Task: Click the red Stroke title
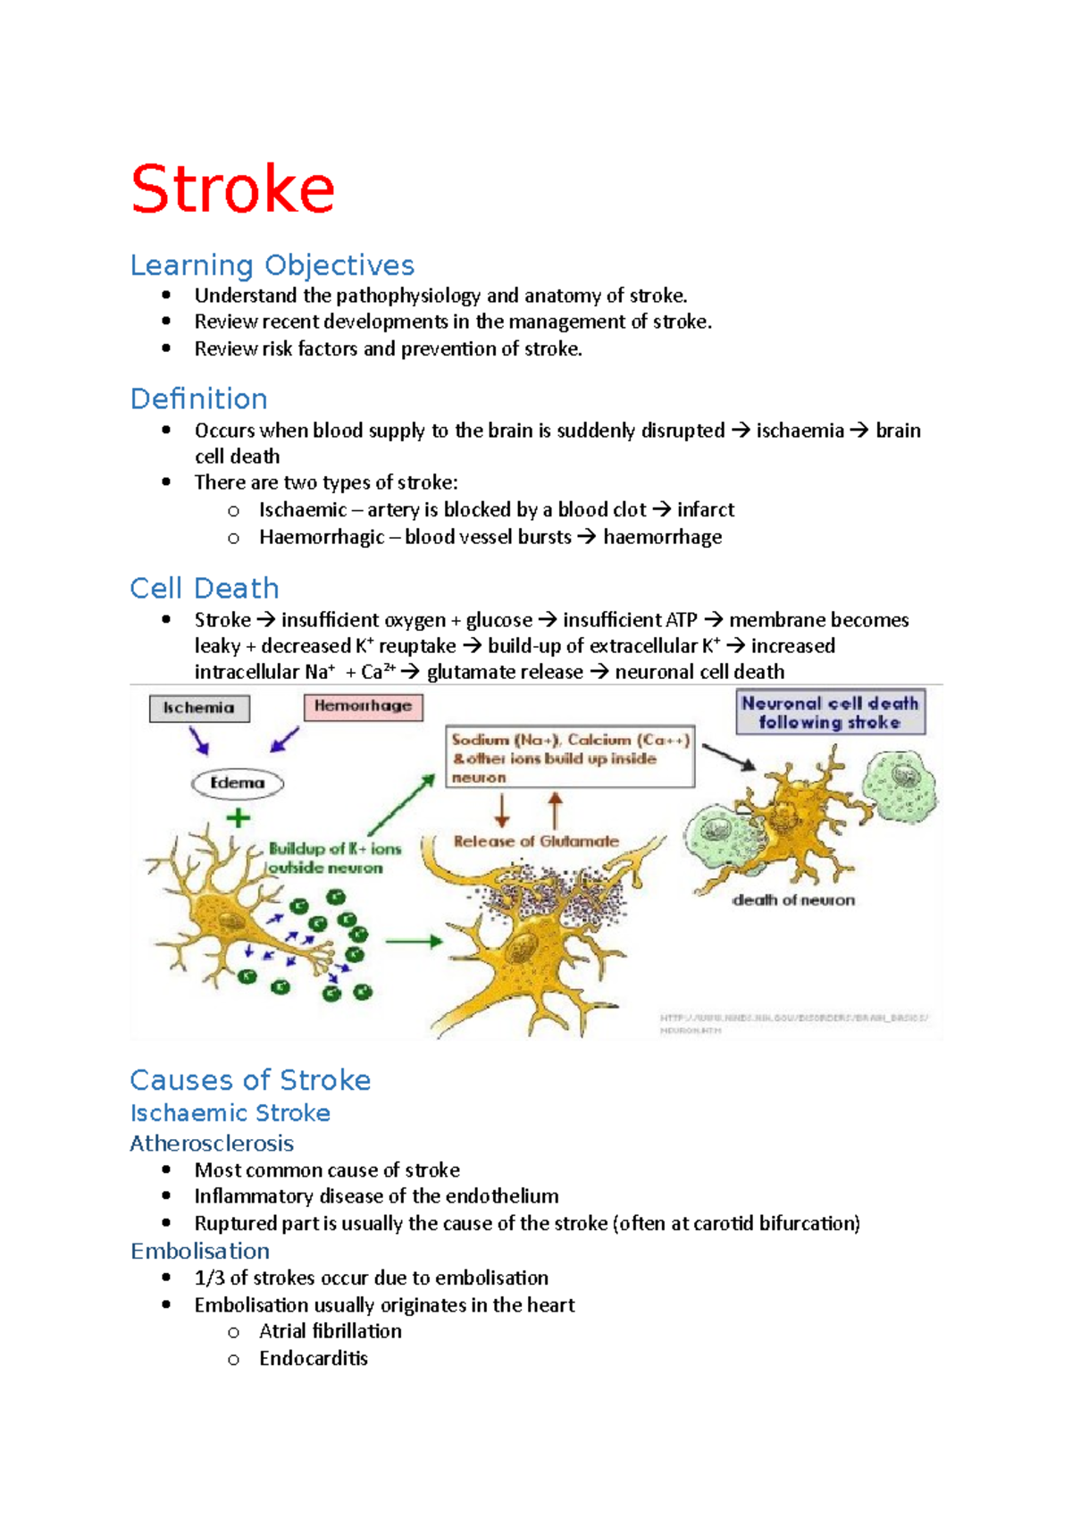232,189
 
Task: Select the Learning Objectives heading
272,265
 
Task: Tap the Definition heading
198,398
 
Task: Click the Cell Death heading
204,588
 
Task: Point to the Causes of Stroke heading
250,1080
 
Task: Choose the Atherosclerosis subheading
212,1144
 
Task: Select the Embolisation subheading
200,1251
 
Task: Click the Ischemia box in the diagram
199,708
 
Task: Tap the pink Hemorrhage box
363,707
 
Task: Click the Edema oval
238,784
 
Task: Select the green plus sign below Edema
238,817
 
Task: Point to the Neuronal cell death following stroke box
830,713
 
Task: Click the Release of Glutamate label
536,842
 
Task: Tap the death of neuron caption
793,901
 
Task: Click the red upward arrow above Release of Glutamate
555,810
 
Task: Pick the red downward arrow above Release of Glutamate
502,810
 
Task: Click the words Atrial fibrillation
331,1331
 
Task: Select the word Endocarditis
314,1358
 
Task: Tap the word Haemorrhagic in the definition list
322,537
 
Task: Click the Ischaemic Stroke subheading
230,1113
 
